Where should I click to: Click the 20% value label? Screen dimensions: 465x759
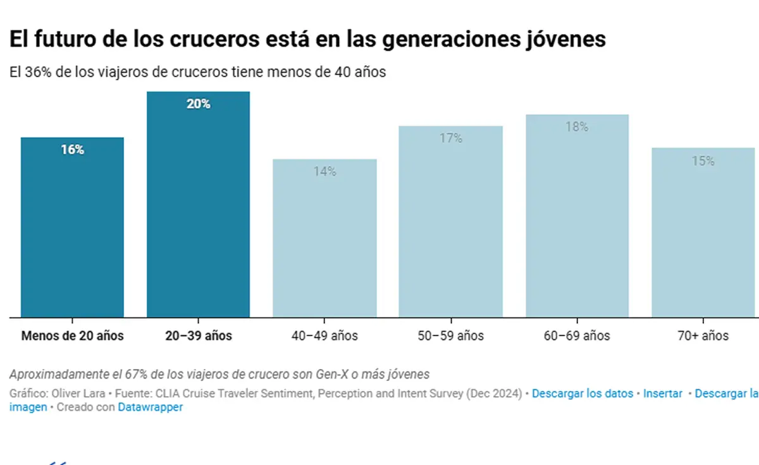pyautogui.click(x=198, y=104)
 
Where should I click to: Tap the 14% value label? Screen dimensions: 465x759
pyautogui.click(x=324, y=171)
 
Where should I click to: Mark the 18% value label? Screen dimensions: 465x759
pyautogui.click(x=577, y=127)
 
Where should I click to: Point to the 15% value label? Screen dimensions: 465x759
pyautogui.click(x=703, y=161)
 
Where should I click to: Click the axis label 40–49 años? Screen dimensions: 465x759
pyautogui.click(x=324, y=335)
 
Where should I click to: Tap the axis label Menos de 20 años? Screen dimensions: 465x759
pyautogui.click(x=72, y=335)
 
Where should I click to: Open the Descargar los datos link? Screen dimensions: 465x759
pyautogui.click(x=582, y=394)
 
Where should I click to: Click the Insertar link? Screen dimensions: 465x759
pyautogui.click(x=662, y=394)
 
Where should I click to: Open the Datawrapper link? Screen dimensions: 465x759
pyautogui.click(x=150, y=408)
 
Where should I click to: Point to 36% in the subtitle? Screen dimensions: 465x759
pyautogui.click(x=39, y=72)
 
